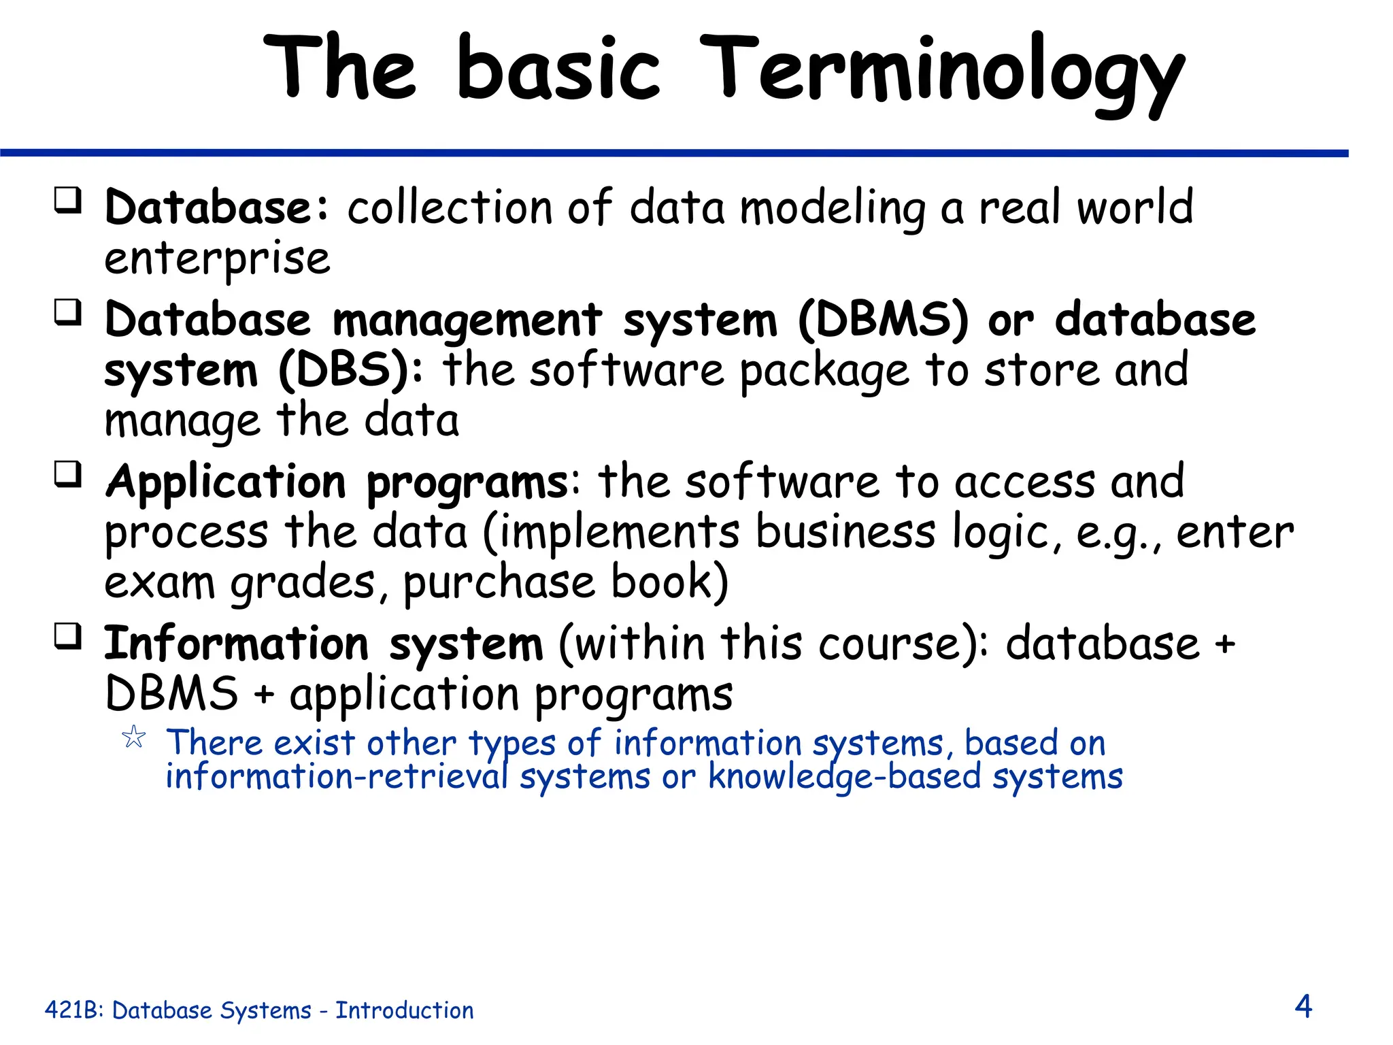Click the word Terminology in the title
click(x=942, y=71)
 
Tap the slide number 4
click(x=1303, y=1006)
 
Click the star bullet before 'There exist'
click(x=134, y=737)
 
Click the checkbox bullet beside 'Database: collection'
click(x=68, y=201)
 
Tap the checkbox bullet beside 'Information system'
click(x=68, y=637)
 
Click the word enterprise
click(x=217, y=260)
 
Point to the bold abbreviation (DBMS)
click(x=882, y=320)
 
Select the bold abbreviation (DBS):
click(x=350, y=371)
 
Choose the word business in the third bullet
click(x=845, y=532)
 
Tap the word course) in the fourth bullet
click(x=903, y=644)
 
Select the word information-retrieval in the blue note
click(x=337, y=778)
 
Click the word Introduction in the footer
click(x=405, y=1010)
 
